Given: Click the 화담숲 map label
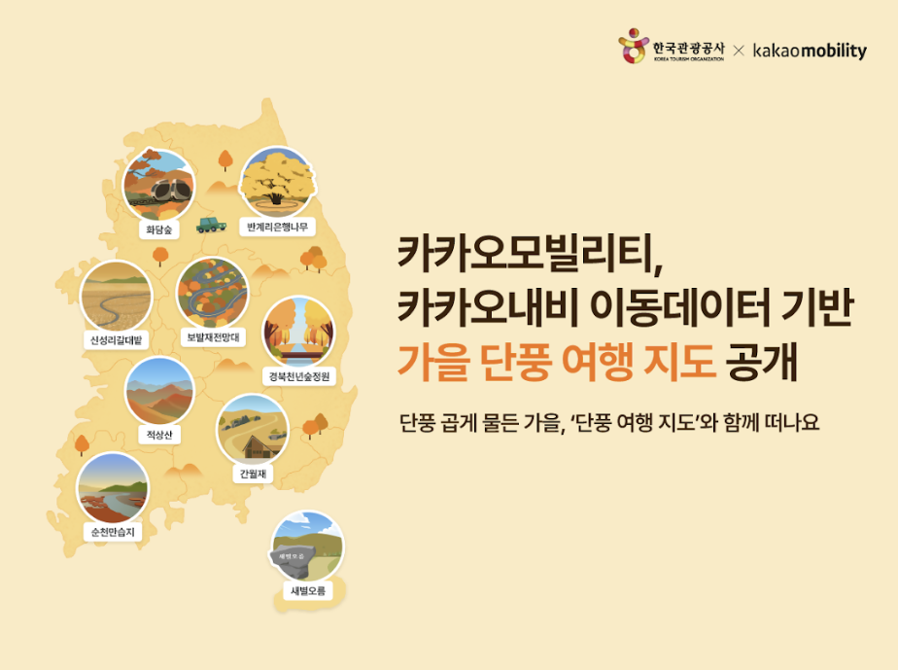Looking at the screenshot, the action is (x=158, y=229).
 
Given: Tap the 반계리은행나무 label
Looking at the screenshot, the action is (x=277, y=227).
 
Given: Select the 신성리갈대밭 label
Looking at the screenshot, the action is (x=117, y=340).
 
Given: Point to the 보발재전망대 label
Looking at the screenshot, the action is (x=213, y=337).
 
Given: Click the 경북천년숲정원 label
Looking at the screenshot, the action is (x=299, y=376).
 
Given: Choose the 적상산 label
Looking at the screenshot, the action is (x=159, y=435).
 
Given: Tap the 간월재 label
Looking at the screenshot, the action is (x=253, y=474).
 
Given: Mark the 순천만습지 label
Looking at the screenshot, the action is (x=113, y=532).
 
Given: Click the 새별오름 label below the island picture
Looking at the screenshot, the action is (x=308, y=591).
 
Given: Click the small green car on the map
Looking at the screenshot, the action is (x=211, y=225).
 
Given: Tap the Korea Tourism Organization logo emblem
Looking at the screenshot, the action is (x=633, y=46).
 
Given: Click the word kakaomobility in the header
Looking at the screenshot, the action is (x=810, y=51).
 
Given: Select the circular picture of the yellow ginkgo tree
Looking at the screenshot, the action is (x=277, y=183).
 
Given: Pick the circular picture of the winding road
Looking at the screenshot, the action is (x=213, y=294).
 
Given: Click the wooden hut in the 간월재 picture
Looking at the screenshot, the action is (x=260, y=446).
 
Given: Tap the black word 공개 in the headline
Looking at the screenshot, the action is (x=761, y=362).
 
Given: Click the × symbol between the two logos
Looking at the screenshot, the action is (x=739, y=51).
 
